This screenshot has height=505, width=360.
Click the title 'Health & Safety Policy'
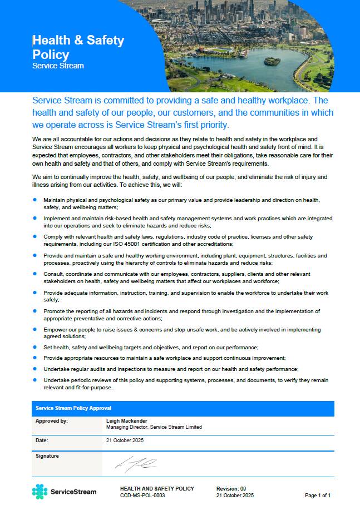78,47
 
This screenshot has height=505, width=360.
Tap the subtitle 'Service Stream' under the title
58,66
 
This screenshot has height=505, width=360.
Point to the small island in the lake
272,61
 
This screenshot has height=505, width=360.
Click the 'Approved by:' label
51,421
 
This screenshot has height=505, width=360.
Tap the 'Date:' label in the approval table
42,440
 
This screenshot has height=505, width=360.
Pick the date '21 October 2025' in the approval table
126,440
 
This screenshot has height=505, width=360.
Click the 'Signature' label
47,456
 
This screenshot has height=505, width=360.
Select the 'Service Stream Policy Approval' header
73,408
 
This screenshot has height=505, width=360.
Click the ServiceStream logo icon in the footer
40,492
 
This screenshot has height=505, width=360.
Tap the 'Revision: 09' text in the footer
231,488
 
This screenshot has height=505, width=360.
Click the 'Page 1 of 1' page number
318,495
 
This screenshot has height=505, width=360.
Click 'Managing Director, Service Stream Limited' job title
154,427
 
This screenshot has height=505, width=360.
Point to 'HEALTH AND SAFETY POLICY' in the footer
157,488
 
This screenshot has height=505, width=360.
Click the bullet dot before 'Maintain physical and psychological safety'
34,199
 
